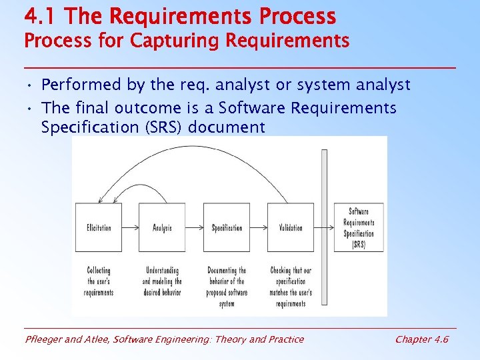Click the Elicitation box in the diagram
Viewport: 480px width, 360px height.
[99, 227]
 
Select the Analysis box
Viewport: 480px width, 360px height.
[162, 227]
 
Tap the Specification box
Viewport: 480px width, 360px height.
[227, 227]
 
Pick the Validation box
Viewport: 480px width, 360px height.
[291, 227]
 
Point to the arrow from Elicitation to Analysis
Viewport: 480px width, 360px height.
[131, 227]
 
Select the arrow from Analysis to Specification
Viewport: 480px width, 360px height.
[194, 227]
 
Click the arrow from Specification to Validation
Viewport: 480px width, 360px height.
[259, 227]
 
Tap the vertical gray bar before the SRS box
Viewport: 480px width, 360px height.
[324, 227]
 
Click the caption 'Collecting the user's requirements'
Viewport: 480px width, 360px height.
[99, 281]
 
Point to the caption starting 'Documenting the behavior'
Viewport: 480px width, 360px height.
[227, 287]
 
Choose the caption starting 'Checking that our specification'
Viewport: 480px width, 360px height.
[290, 287]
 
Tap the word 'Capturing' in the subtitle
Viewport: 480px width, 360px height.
[175, 41]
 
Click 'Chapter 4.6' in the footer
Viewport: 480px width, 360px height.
[421, 339]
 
